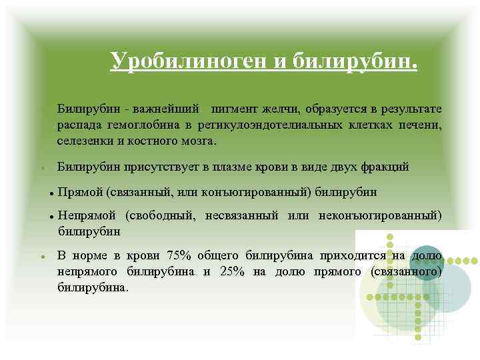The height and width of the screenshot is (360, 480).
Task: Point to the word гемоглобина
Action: tap(135, 125)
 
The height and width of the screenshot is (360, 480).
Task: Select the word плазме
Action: tap(238, 167)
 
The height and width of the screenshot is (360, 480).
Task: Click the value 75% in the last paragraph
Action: tap(179, 255)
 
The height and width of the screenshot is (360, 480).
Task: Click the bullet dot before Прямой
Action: tap(51, 193)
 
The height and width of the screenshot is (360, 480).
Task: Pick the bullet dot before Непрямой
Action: tap(51, 215)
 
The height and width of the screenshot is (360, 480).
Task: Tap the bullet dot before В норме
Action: tap(42, 256)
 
